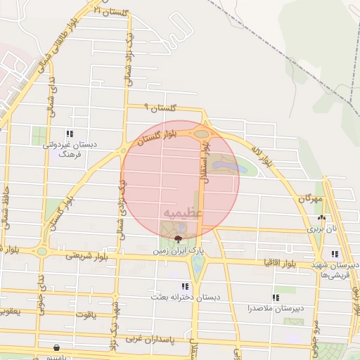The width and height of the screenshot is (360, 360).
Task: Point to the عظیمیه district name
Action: pos(182,211)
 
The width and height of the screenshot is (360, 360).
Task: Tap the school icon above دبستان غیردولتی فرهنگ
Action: pos(69,133)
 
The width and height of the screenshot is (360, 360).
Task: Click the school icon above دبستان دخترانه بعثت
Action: pos(184,287)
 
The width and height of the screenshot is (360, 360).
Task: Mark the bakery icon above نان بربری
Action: pos(322,218)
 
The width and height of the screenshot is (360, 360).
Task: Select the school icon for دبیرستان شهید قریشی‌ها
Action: pos(335,254)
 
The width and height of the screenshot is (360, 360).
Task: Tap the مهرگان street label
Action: pos(309,200)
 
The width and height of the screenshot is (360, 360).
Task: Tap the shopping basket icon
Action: pos(56,347)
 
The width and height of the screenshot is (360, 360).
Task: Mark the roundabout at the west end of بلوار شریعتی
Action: pos(42,252)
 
